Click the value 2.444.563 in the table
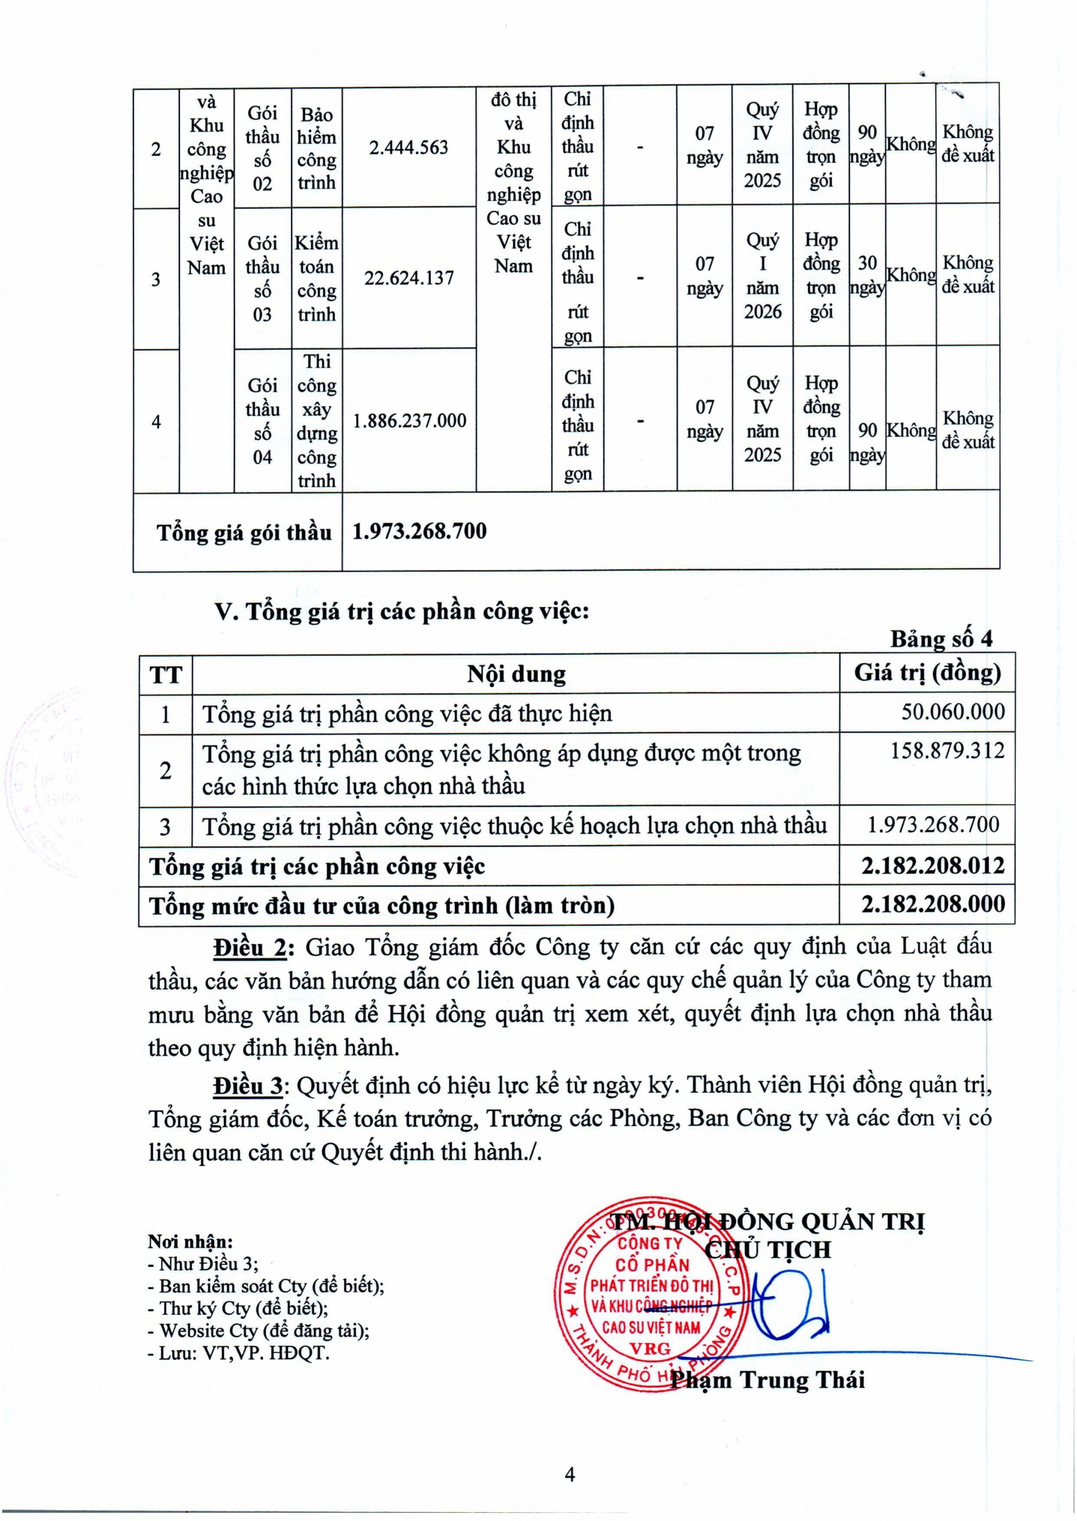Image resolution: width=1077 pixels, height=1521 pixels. [409, 147]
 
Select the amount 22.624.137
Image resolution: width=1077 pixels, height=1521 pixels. [409, 277]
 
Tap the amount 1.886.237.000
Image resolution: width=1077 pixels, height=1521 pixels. [409, 420]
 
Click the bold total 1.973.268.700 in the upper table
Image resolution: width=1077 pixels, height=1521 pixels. [419, 531]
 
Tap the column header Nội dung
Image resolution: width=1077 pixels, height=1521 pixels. [516, 674]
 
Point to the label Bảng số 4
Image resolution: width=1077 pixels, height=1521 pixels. [941, 638]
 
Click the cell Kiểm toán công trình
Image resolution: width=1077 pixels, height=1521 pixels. [316, 278]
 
